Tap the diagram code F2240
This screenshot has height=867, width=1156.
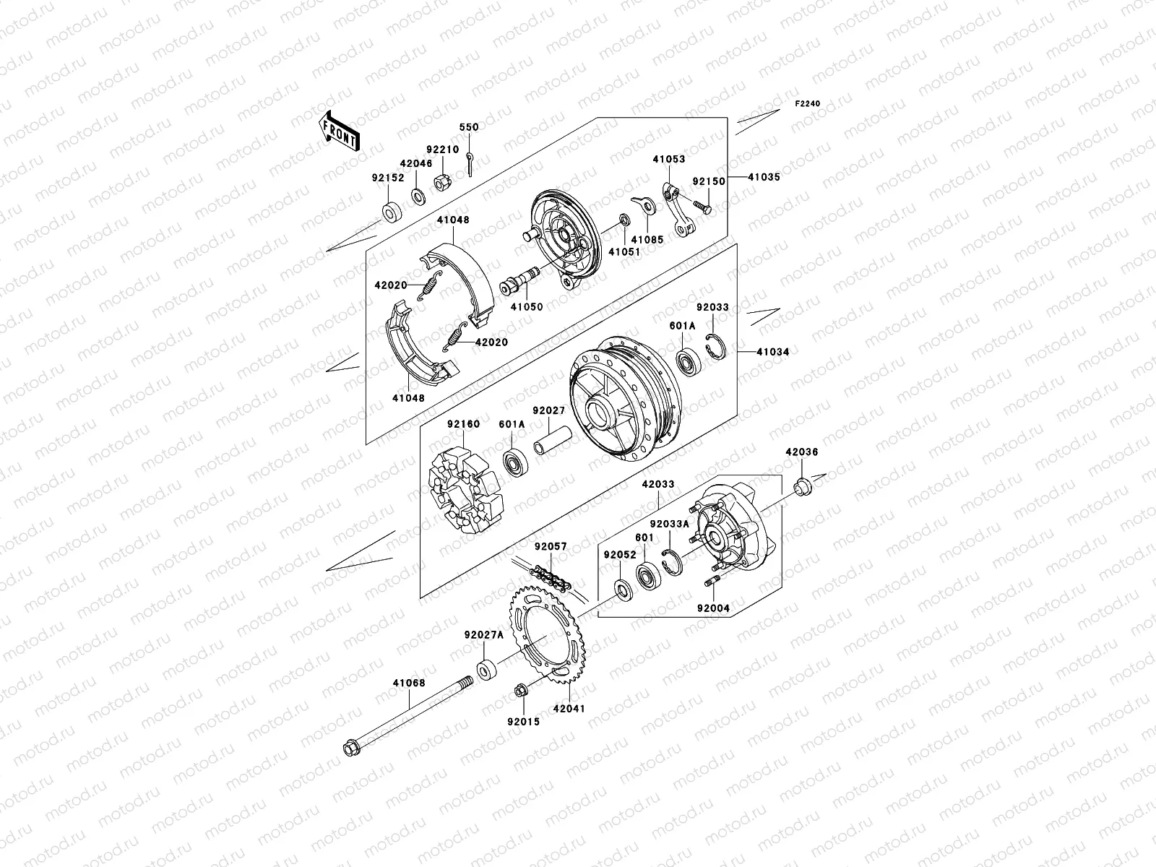[x=808, y=104]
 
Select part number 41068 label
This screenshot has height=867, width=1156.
[x=409, y=683]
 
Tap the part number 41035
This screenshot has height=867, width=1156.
[x=763, y=177]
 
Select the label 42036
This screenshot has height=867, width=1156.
[x=802, y=452]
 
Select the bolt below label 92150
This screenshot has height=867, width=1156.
[x=702, y=206]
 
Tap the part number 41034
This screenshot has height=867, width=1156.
[x=772, y=352]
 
